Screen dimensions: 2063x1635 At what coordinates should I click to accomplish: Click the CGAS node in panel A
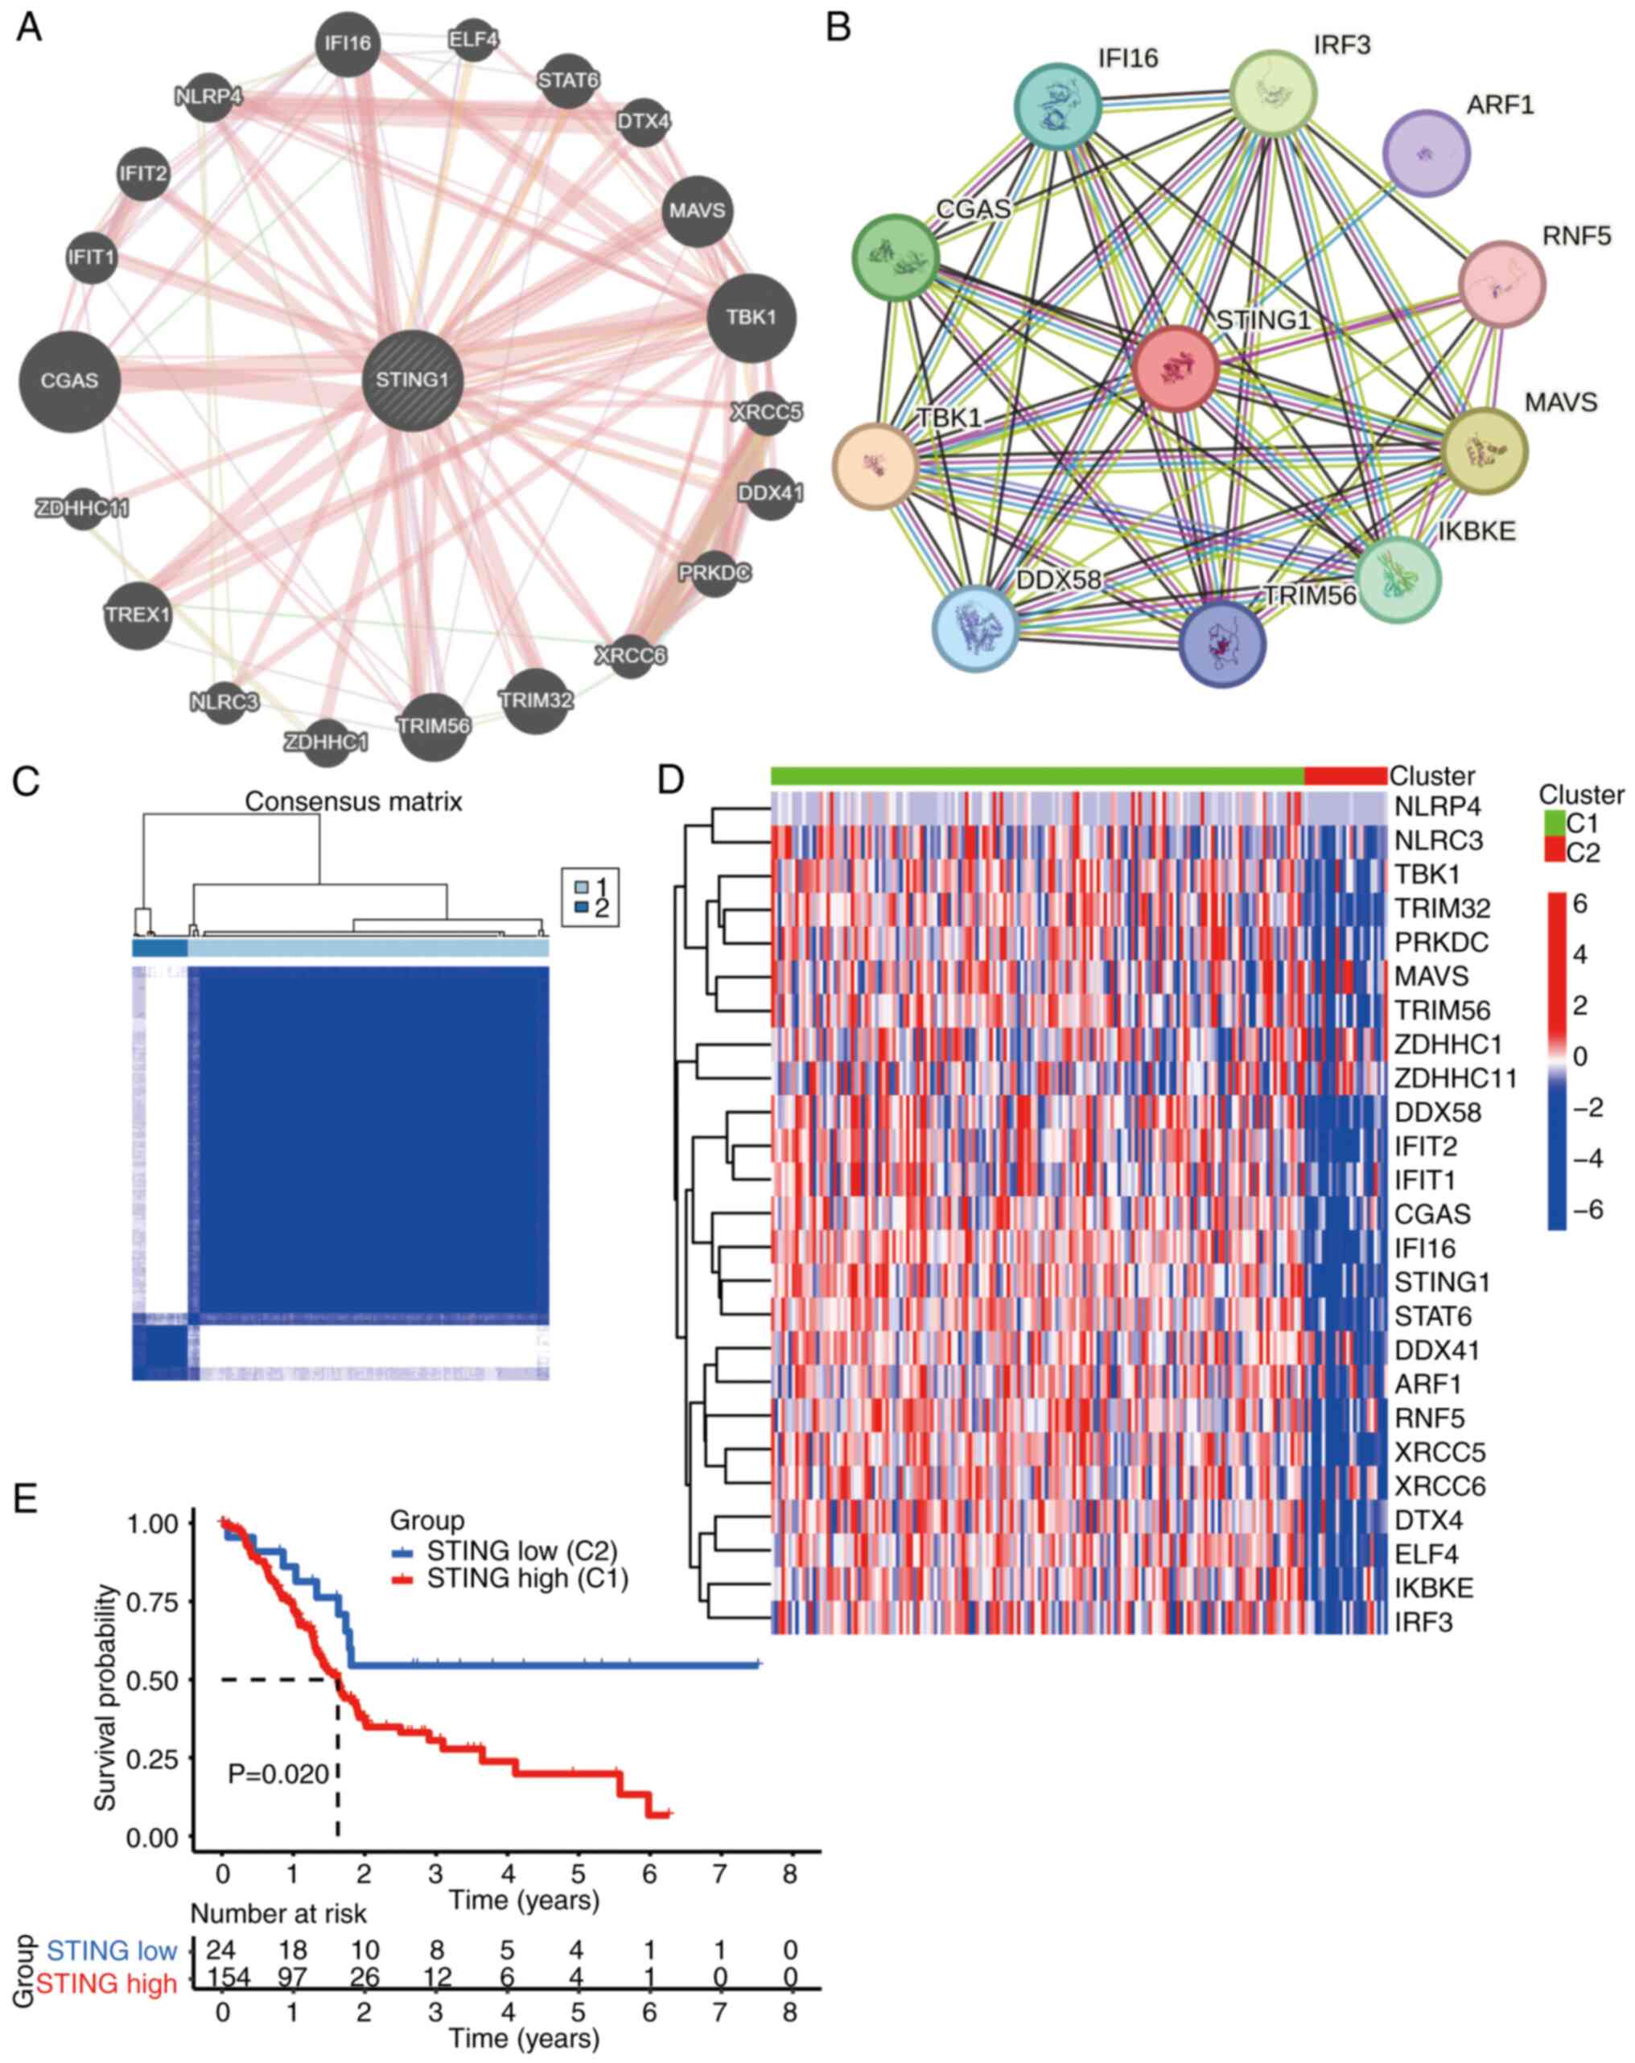tap(69, 381)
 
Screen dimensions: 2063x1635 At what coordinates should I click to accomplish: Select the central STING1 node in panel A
tap(412, 380)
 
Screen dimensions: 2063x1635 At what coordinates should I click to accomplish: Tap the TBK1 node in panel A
tap(751, 318)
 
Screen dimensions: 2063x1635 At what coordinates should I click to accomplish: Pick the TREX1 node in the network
tap(138, 614)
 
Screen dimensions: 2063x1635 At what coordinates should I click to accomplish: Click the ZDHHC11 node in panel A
tap(82, 508)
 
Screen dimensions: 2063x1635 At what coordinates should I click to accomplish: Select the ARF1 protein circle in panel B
tap(1426, 153)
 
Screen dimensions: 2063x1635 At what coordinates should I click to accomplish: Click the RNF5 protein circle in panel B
tap(1501, 284)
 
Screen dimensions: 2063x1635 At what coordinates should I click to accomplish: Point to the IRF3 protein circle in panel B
tap(1272, 93)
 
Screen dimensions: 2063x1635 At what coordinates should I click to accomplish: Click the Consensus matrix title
tap(353, 802)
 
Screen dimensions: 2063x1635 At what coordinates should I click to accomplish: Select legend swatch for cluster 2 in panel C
tap(581, 907)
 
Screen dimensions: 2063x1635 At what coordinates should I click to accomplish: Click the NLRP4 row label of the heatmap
tap(1436, 807)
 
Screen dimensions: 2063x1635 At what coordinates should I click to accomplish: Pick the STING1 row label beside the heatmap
tap(1442, 1283)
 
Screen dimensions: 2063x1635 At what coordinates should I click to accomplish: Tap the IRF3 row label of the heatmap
tap(1423, 1622)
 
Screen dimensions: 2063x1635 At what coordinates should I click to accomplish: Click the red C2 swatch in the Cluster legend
tap(1554, 850)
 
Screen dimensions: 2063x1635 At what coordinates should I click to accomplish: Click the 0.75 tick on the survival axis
tap(152, 1602)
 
